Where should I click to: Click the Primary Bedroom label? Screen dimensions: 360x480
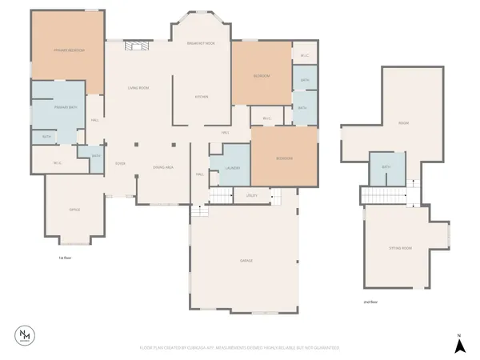(x=70, y=50)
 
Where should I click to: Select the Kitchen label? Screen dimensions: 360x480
(x=202, y=97)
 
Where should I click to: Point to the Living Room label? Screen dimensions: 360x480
(x=138, y=87)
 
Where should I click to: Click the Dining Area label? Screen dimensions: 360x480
(x=164, y=167)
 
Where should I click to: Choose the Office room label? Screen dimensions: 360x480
(x=74, y=210)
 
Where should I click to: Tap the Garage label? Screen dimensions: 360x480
(x=246, y=261)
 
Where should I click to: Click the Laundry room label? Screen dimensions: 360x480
(x=233, y=168)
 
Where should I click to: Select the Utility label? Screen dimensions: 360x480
(x=252, y=195)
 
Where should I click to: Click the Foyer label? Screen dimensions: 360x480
(x=120, y=162)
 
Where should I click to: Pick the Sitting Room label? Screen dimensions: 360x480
(x=400, y=249)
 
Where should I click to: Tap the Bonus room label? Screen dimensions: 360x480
(x=403, y=122)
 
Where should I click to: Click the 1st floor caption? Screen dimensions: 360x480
(x=65, y=258)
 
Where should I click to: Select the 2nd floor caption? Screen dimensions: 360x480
(x=370, y=302)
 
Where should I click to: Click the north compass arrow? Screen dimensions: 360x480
(x=459, y=345)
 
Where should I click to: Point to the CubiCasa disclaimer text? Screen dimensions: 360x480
(x=240, y=348)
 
